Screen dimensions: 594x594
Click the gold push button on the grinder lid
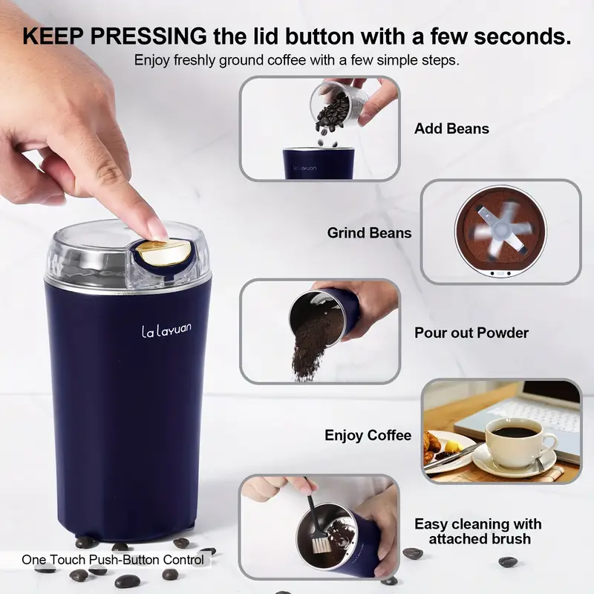(x=163, y=252)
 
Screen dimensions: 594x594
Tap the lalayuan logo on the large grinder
(x=166, y=330)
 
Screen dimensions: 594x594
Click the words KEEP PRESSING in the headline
(x=115, y=36)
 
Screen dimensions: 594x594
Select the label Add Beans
(x=451, y=128)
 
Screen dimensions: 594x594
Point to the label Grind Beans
(x=369, y=233)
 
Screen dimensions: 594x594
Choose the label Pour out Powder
(x=471, y=333)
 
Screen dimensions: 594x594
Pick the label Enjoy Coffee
(x=368, y=435)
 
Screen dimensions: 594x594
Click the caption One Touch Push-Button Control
(x=113, y=560)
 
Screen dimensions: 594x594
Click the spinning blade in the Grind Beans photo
(x=500, y=230)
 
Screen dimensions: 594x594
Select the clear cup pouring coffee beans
(x=334, y=103)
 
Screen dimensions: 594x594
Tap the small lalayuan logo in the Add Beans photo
(x=304, y=167)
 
